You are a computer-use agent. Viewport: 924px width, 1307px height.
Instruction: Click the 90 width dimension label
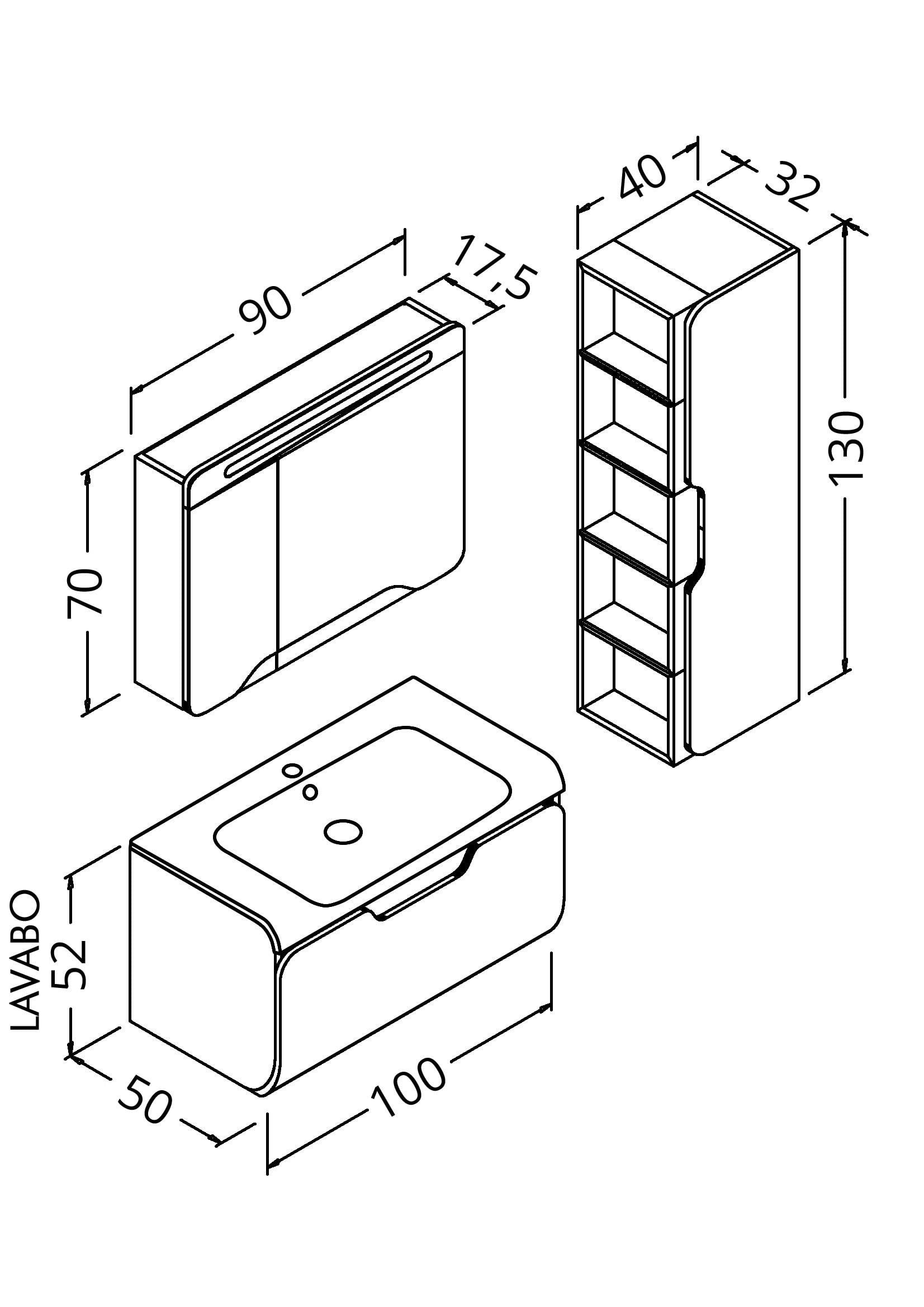(x=266, y=311)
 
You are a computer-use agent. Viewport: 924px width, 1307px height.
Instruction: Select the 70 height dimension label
(x=85, y=592)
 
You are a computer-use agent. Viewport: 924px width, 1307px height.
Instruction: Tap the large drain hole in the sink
(x=343, y=832)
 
